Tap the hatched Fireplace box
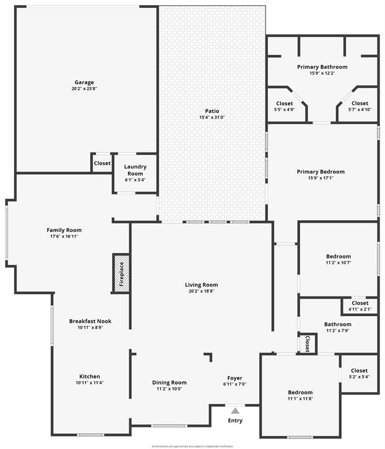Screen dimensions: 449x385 point(121,273)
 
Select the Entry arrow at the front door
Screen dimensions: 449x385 point(235,410)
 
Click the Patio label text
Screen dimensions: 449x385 point(212,111)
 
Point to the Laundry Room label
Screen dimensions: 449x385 point(135,170)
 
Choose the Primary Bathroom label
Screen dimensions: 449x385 point(322,67)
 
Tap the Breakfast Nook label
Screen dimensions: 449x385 point(90,321)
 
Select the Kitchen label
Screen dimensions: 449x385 point(90,377)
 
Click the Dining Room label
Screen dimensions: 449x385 point(170,382)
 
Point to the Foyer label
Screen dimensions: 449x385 point(235,378)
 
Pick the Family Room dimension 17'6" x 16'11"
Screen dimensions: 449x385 point(64,236)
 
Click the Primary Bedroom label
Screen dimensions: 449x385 point(321,172)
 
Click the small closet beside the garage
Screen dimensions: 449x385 point(102,163)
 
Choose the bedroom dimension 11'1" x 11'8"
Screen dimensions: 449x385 point(300,399)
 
